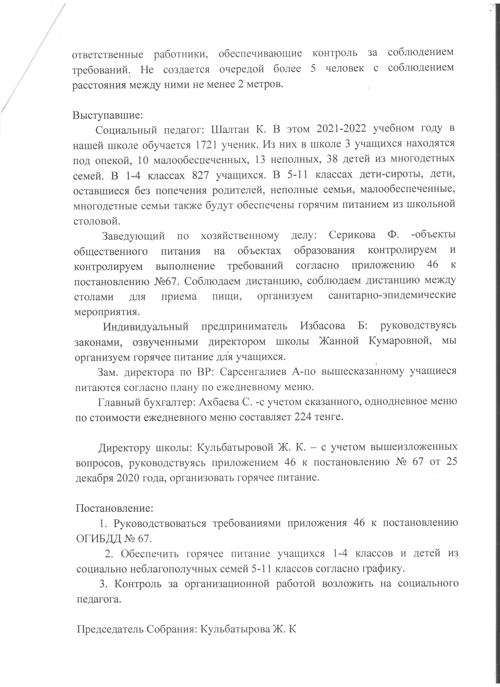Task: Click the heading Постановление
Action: pyautogui.click(x=114, y=508)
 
